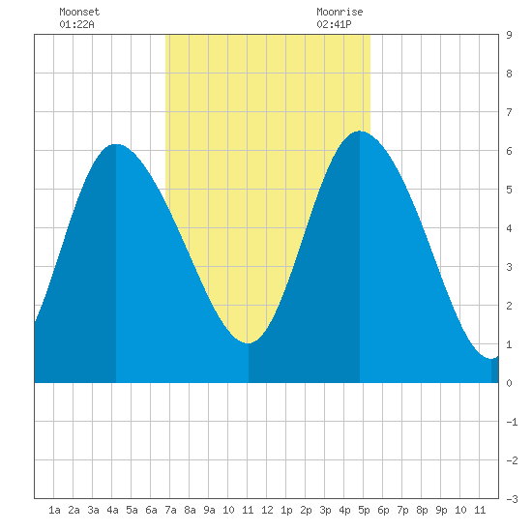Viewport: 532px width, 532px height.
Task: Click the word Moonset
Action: (x=79, y=12)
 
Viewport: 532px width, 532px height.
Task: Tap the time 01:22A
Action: (x=76, y=24)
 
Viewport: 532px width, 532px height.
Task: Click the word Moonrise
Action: (x=340, y=12)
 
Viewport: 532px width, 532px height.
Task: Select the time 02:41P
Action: (x=334, y=24)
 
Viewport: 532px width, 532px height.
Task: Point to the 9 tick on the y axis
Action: (x=509, y=35)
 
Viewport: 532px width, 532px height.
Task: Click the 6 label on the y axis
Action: (x=509, y=151)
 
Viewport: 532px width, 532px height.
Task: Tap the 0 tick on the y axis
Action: (x=509, y=383)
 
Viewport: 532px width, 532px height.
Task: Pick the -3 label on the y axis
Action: (x=512, y=499)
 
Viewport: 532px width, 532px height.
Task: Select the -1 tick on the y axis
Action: (x=512, y=422)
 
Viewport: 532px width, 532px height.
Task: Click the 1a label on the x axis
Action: (x=54, y=510)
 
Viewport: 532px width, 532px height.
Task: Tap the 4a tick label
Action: (x=112, y=510)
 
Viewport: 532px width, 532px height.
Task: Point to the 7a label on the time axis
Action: (x=170, y=510)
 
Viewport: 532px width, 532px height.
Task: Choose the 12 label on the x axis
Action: (x=267, y=510)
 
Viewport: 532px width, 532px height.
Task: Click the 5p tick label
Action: (x=364, y=510)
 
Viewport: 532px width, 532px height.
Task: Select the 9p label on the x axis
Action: (x=441, y=510)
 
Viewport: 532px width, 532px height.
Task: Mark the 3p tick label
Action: (x=325, y=510)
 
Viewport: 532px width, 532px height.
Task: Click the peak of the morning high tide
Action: (x=116, y=144)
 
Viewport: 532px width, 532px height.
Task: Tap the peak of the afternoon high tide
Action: (x=360, y=131)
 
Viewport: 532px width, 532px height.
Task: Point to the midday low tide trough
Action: (x=249, y=343)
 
